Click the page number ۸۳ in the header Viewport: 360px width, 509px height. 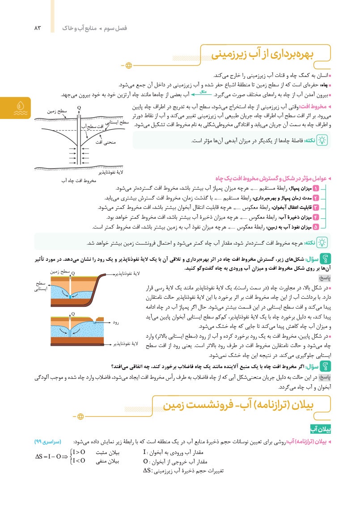coord(37,28)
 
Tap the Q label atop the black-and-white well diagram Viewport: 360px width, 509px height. coord(79,108)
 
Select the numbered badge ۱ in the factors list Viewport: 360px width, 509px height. coord(316,188)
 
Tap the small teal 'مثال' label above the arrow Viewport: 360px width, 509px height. coord(202,92)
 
